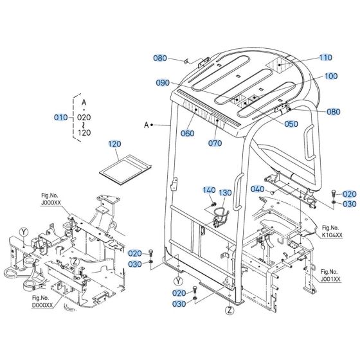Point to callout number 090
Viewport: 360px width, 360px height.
point(163,83)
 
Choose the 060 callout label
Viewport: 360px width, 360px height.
point(187,134)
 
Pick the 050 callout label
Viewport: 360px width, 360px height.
point(291,123)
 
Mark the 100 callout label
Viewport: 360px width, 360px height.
point(330,76)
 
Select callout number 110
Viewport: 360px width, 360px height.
point(326,57)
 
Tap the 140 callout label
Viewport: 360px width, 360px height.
point(209,190)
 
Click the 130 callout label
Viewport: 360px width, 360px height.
point(225,193)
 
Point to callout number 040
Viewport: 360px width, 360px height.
point(258,189)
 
